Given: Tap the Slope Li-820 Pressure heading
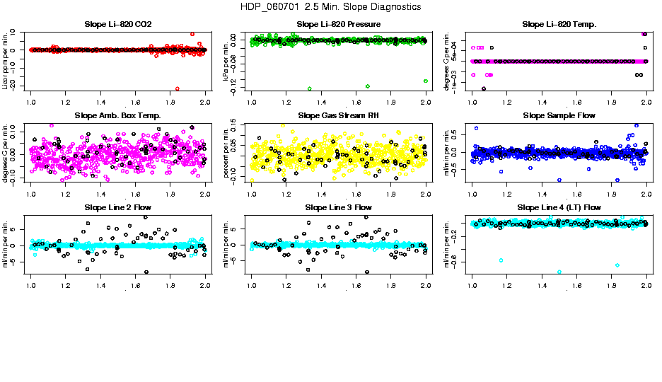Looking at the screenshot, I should pyautogui.click(x=338, y=25).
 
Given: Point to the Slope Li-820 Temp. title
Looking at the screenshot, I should pyautogui.click(x=559, y=25).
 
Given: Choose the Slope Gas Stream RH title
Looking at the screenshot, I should pyautogui.click(x=338, y=116).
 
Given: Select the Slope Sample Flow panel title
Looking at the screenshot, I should pyautogui.click(x=559, y=116).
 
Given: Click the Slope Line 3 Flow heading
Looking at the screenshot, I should pyautogui.click(x=338, y=208).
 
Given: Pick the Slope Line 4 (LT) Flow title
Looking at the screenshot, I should pyautogui.click(x=559, y=208).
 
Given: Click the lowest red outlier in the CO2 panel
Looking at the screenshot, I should pyautogui.click(x=177, y=88).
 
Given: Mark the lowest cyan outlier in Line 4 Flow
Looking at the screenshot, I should pyautogui.click(x=559, y=272).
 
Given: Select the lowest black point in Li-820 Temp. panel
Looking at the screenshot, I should pyautogui.click(x=484, y=88).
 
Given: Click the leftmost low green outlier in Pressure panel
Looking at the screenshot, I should pyautogui.click(x=310, y=88).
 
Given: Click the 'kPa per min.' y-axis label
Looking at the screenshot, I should pyautogui.click(x=227, y=61).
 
